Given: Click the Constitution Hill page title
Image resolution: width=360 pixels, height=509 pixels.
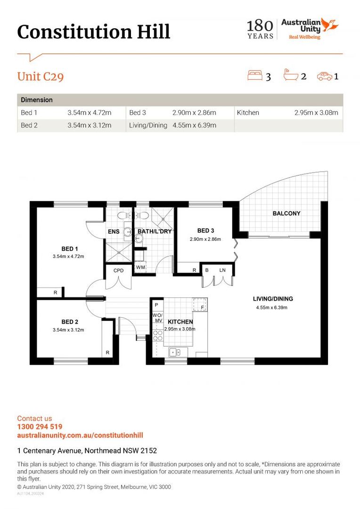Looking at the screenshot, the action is click(x=93, y=32).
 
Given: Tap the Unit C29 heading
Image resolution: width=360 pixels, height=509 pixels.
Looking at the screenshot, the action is click(x=40, y=77).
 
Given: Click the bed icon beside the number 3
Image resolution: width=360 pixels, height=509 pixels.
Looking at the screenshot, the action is click(x=255, y=75).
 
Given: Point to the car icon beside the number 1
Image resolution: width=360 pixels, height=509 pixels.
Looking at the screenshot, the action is click(x=325, y=76).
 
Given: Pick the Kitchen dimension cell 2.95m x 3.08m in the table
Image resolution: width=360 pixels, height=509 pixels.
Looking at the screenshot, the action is click(x=316, y=113).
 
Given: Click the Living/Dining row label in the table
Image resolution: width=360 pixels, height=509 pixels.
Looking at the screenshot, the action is click(x=148, y=125).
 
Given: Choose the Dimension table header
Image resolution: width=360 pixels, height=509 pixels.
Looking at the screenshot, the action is click(x=37, y=100).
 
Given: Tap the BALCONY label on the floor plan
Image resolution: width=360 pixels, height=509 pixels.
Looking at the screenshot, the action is click(x=286, y=213).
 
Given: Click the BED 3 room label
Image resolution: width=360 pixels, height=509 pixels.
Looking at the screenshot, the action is click(x=205, y=230).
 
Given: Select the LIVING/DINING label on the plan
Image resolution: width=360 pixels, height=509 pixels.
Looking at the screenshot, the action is click(x=273, y=299).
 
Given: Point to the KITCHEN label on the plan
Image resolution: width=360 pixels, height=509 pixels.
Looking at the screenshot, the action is click(x=180, y=322).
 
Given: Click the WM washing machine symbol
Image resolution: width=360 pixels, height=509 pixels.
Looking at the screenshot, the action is click(x=140, y=267).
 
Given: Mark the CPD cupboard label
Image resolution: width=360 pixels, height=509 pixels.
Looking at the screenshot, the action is click(x=118, y=271).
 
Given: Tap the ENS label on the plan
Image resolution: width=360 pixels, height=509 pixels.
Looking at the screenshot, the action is click(x=114, y=231).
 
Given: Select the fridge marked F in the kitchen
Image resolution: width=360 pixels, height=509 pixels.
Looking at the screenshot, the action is click(x=200, y=305).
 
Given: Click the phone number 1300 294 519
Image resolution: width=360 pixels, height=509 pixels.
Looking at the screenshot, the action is click(x=40, y=427).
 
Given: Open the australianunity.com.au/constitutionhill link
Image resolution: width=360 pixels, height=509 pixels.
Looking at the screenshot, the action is click(x=80, y=435).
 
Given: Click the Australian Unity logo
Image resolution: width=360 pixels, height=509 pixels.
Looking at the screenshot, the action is click(x=310, y=29).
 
